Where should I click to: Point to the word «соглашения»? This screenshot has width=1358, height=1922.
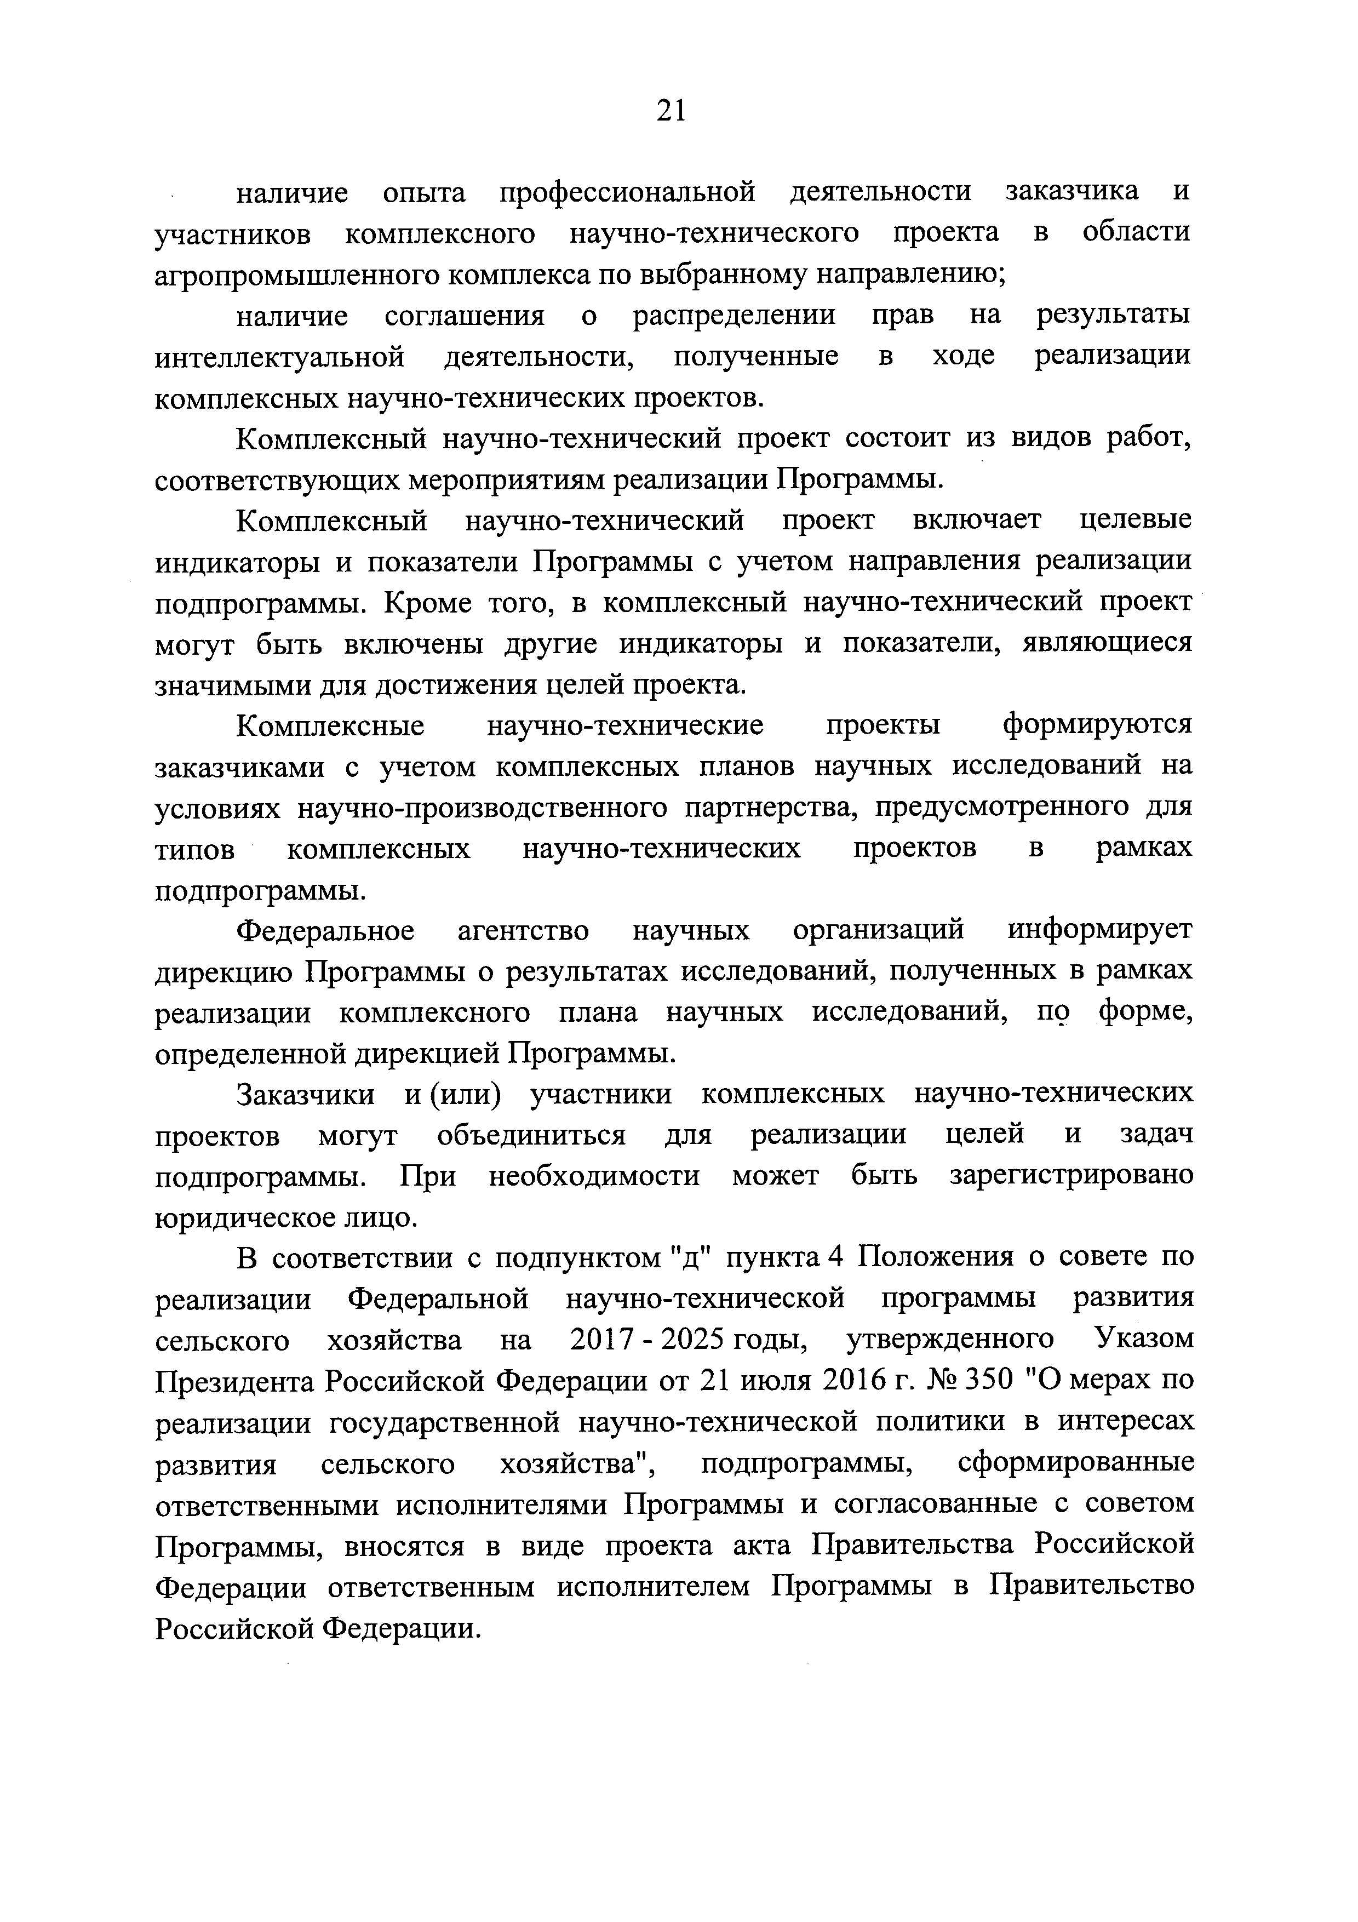[465, 317]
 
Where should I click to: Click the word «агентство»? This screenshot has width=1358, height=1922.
[523, 931]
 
